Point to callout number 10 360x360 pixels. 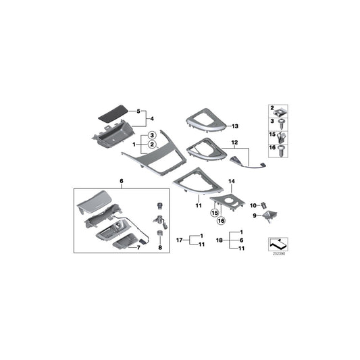pyautogui.click(x=253, y=205)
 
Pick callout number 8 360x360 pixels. pyautogui.click(x=159, y=249)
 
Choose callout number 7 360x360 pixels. pyautogui.click(x=138, y=247)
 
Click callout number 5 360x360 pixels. pyautogui.click(x=139, y=110)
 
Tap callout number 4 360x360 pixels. pyautogui.click(x=150, y=118)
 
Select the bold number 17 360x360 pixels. pyautogui.click(x=180, y=240)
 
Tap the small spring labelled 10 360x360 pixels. pyautogui.click(x=265, y=205)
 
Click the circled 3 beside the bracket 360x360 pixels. pyautogui.click(x=153, y=136)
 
